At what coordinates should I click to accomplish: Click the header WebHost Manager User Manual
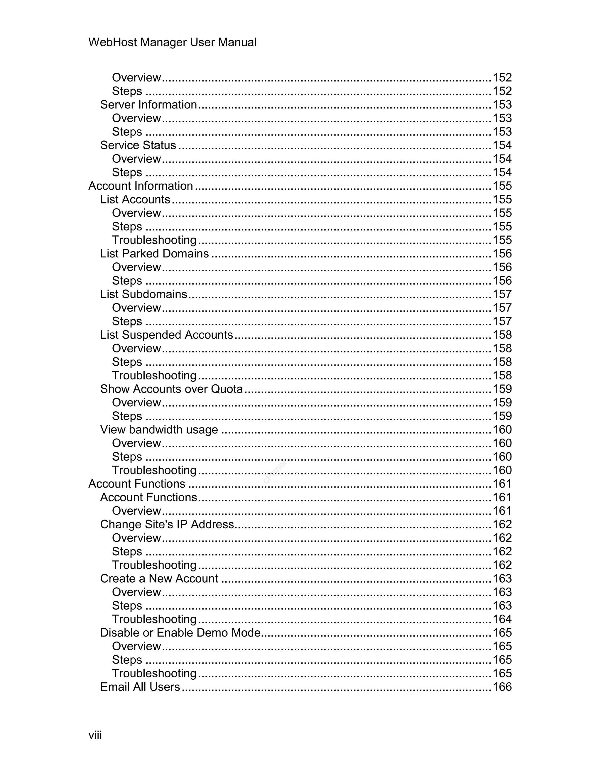pos(172,42)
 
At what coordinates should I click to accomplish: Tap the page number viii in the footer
pos(95,735)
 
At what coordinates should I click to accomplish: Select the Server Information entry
pos(148,105)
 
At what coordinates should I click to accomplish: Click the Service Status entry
pos(138,145)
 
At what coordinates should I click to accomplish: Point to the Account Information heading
pos(141,186)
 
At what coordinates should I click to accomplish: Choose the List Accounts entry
pos(135,199)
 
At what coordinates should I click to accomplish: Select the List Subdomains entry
pos(144,294)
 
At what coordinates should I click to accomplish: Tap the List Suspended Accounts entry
pos(166,335)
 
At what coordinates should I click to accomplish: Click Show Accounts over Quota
pos(171,389)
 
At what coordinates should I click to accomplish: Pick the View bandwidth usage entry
pos(159,430)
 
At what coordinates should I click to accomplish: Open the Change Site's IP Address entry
pos(167,525)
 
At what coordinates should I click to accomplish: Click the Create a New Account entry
pos(159,578)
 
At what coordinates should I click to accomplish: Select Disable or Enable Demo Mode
pos(180,632)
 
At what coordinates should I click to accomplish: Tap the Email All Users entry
pos(140,687)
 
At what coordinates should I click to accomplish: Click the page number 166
pos(502,687)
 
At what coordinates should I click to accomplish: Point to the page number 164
pos(502,619)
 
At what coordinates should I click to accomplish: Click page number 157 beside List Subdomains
pos(502,294)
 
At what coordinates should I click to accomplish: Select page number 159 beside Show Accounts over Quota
pos(502,389)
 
